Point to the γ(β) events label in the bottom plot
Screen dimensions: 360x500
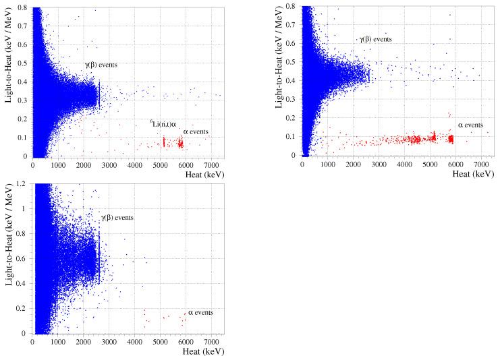pyautogui.click(x=117, y=218)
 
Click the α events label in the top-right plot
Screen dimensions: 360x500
pyautogui.click(x=470, y=125)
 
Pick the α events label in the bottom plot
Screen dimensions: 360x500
pyautogui.click(x=200, y=312)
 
